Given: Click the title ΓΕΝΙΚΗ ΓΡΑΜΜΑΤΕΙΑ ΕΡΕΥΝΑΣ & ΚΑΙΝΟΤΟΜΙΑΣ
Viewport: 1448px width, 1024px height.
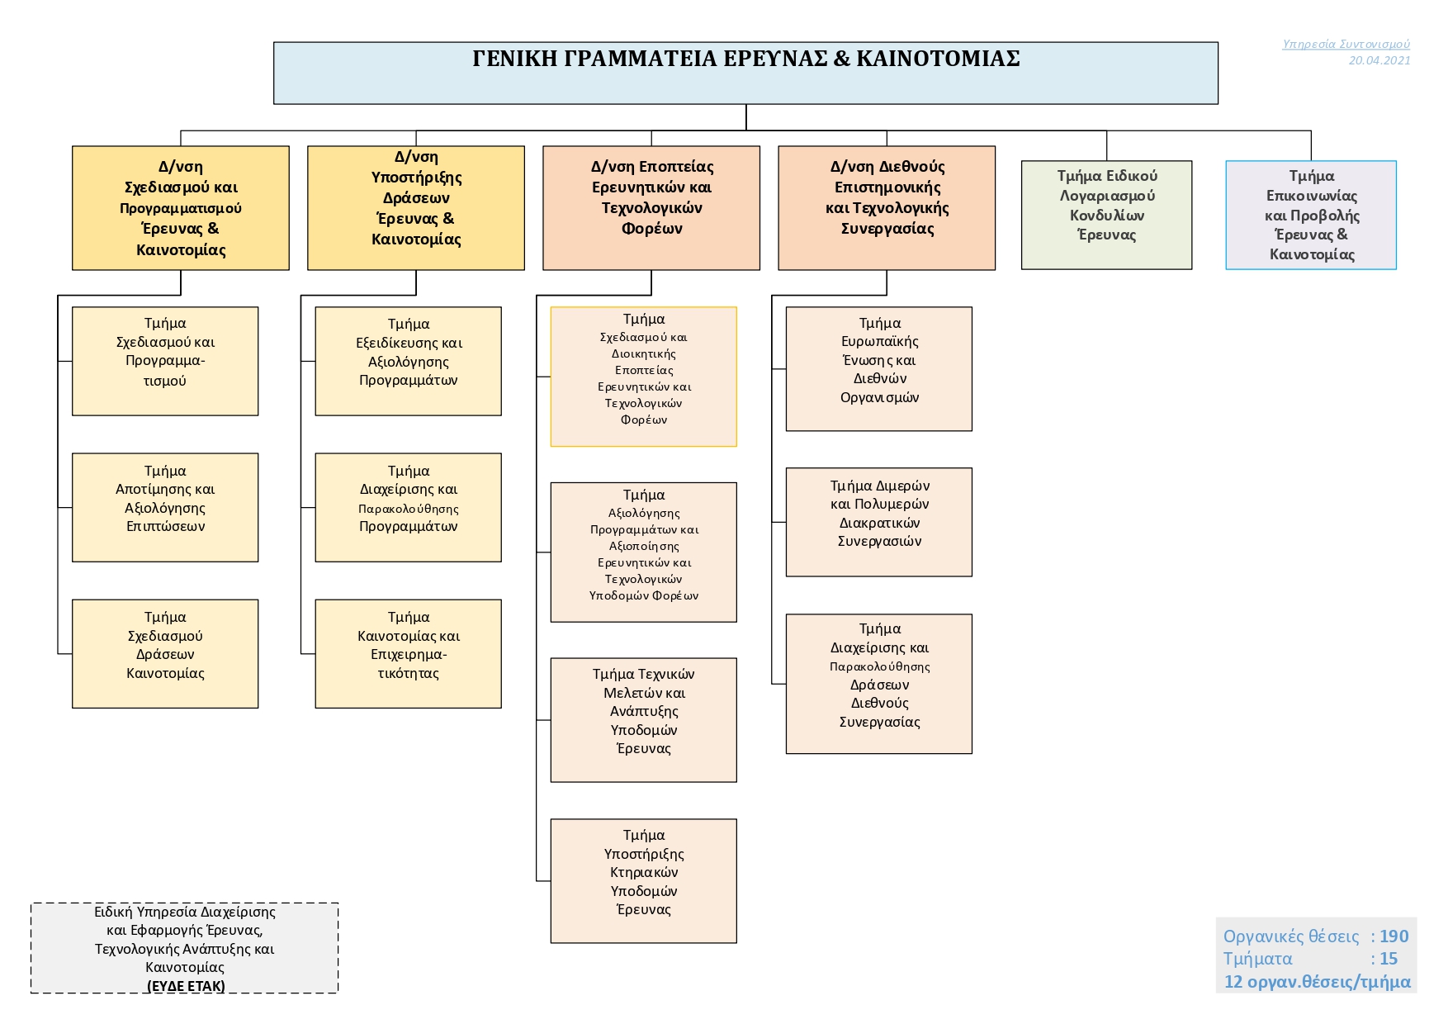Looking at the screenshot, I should (x=745, y=59).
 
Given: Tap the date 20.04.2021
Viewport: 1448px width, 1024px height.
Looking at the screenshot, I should (x=1379, y=60).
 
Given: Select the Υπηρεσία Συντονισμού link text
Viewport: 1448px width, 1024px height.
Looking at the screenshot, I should (x=1346, y=44).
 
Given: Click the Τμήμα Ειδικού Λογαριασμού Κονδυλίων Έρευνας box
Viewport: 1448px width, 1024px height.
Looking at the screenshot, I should (x=1106, y=215).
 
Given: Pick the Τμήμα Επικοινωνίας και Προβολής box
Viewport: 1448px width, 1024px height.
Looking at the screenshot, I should (x=1310, y=215).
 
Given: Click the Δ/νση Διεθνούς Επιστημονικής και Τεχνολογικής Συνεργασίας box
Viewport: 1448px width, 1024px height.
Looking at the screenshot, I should (x=887, y=207).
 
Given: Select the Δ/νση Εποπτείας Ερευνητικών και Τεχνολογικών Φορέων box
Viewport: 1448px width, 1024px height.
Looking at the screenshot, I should (x=651, y=207).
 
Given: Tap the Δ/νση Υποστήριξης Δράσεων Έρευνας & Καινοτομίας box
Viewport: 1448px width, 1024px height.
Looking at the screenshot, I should (x=416, y=207).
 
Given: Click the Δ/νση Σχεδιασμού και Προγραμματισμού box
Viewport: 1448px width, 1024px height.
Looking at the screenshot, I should (x=181, y=207).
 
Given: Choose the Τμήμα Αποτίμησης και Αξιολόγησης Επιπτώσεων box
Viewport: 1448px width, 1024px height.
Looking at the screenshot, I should (x=165, y=507).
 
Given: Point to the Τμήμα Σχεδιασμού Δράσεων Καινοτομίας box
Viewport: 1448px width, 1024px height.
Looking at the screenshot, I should (x=165, y=653).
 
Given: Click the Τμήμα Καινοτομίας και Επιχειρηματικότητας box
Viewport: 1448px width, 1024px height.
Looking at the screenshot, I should (x=408, y=653).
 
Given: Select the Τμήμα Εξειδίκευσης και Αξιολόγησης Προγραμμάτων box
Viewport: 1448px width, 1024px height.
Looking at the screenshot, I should (x=408, y=361).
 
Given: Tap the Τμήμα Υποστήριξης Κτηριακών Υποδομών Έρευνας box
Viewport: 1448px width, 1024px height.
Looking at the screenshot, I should (x=643, y=880).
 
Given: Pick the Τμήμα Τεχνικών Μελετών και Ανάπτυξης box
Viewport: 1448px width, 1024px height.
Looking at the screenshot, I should (x=643, y=719).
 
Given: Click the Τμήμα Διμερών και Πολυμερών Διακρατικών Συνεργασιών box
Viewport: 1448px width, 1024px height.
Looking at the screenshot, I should (x=878, y=522).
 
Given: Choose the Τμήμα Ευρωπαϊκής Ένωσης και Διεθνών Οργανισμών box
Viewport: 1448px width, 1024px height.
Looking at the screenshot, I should (x=878, y=368).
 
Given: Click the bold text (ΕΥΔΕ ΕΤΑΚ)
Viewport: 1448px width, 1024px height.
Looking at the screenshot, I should (x=186, y=986).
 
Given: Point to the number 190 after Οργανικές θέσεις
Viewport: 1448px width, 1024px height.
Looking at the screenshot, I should (x=1394, y=936).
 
